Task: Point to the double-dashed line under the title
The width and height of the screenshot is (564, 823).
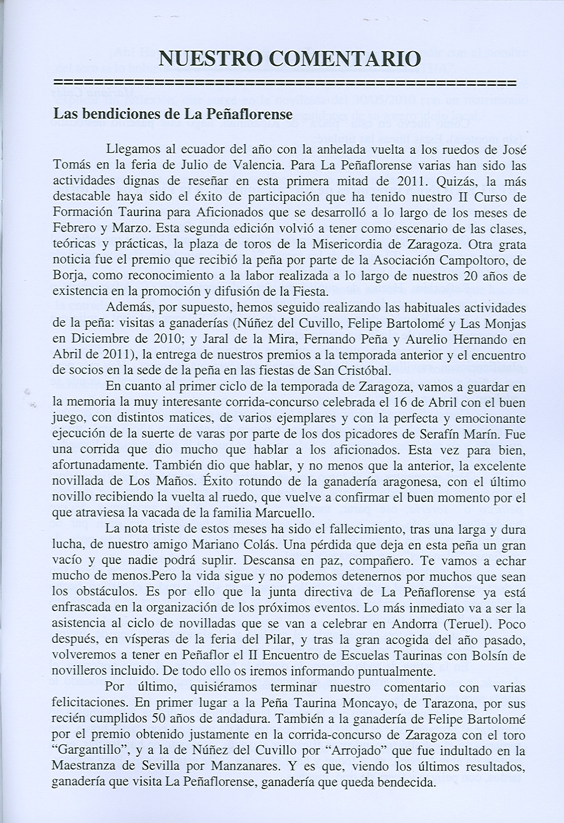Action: coord(284,82)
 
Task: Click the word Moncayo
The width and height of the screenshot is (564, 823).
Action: coord(370,703)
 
